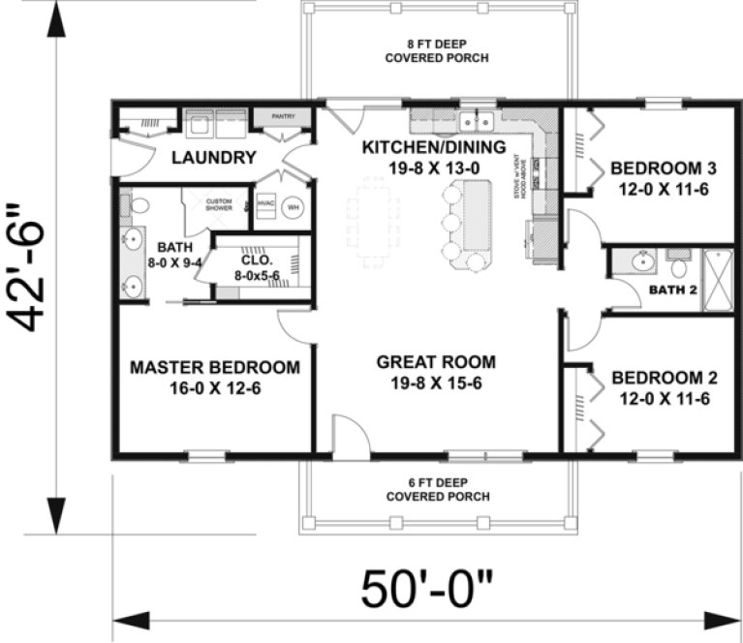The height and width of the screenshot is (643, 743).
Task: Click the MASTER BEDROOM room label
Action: (214, 368)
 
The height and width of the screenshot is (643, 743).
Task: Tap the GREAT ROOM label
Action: (436, 362)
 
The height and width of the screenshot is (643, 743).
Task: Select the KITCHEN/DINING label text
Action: (434, 147)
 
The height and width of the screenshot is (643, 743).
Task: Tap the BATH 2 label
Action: (672, 290)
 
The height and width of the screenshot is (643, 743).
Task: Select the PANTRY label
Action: (282, 116)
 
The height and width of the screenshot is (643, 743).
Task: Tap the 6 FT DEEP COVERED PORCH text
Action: (437, 489)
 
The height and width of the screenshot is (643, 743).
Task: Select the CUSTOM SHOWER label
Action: (220, 204)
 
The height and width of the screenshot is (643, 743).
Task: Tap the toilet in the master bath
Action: (138, 204)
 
